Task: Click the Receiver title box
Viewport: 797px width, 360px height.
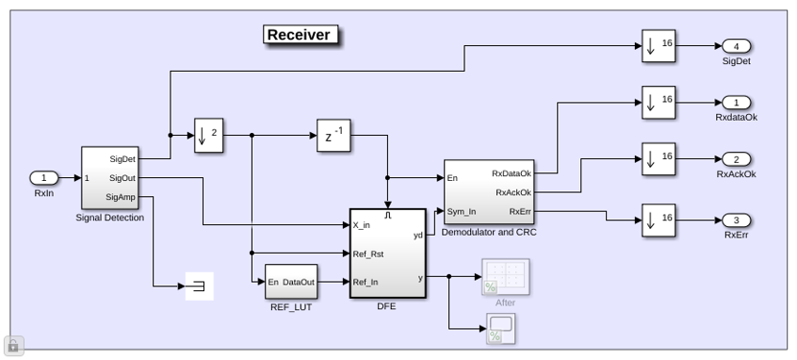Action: point(301,35)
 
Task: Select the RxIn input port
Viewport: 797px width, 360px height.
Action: point(44,178)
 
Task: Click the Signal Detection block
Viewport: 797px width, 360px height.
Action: point(110,178)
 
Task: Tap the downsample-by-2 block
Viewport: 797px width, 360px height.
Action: point(208,136)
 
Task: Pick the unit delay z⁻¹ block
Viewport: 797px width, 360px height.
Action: point(333,136)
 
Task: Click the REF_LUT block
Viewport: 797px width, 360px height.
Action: point(291,281)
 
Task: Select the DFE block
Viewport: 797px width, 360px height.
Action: point(388,254)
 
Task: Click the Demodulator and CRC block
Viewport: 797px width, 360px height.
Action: point(489,192)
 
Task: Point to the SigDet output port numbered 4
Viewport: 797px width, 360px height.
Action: point(736,46)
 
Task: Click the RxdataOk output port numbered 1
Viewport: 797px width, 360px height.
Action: point(736,103)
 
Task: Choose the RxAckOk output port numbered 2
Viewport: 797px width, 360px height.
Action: point(736,159)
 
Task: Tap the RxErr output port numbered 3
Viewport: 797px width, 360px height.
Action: point(736,221)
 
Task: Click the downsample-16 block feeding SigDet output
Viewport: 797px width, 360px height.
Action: point(659,46)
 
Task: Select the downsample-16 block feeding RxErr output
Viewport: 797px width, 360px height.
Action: point(659,221)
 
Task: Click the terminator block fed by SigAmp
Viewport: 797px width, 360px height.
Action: point(200,286)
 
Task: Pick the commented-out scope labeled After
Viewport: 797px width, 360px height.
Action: point(506,277)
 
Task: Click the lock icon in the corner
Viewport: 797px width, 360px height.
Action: point(13,346)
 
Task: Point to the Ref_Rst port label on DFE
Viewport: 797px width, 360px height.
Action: point(368,254)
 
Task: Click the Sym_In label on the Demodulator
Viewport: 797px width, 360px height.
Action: point(462,211)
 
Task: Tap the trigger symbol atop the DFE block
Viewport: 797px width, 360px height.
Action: point(388,216)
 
